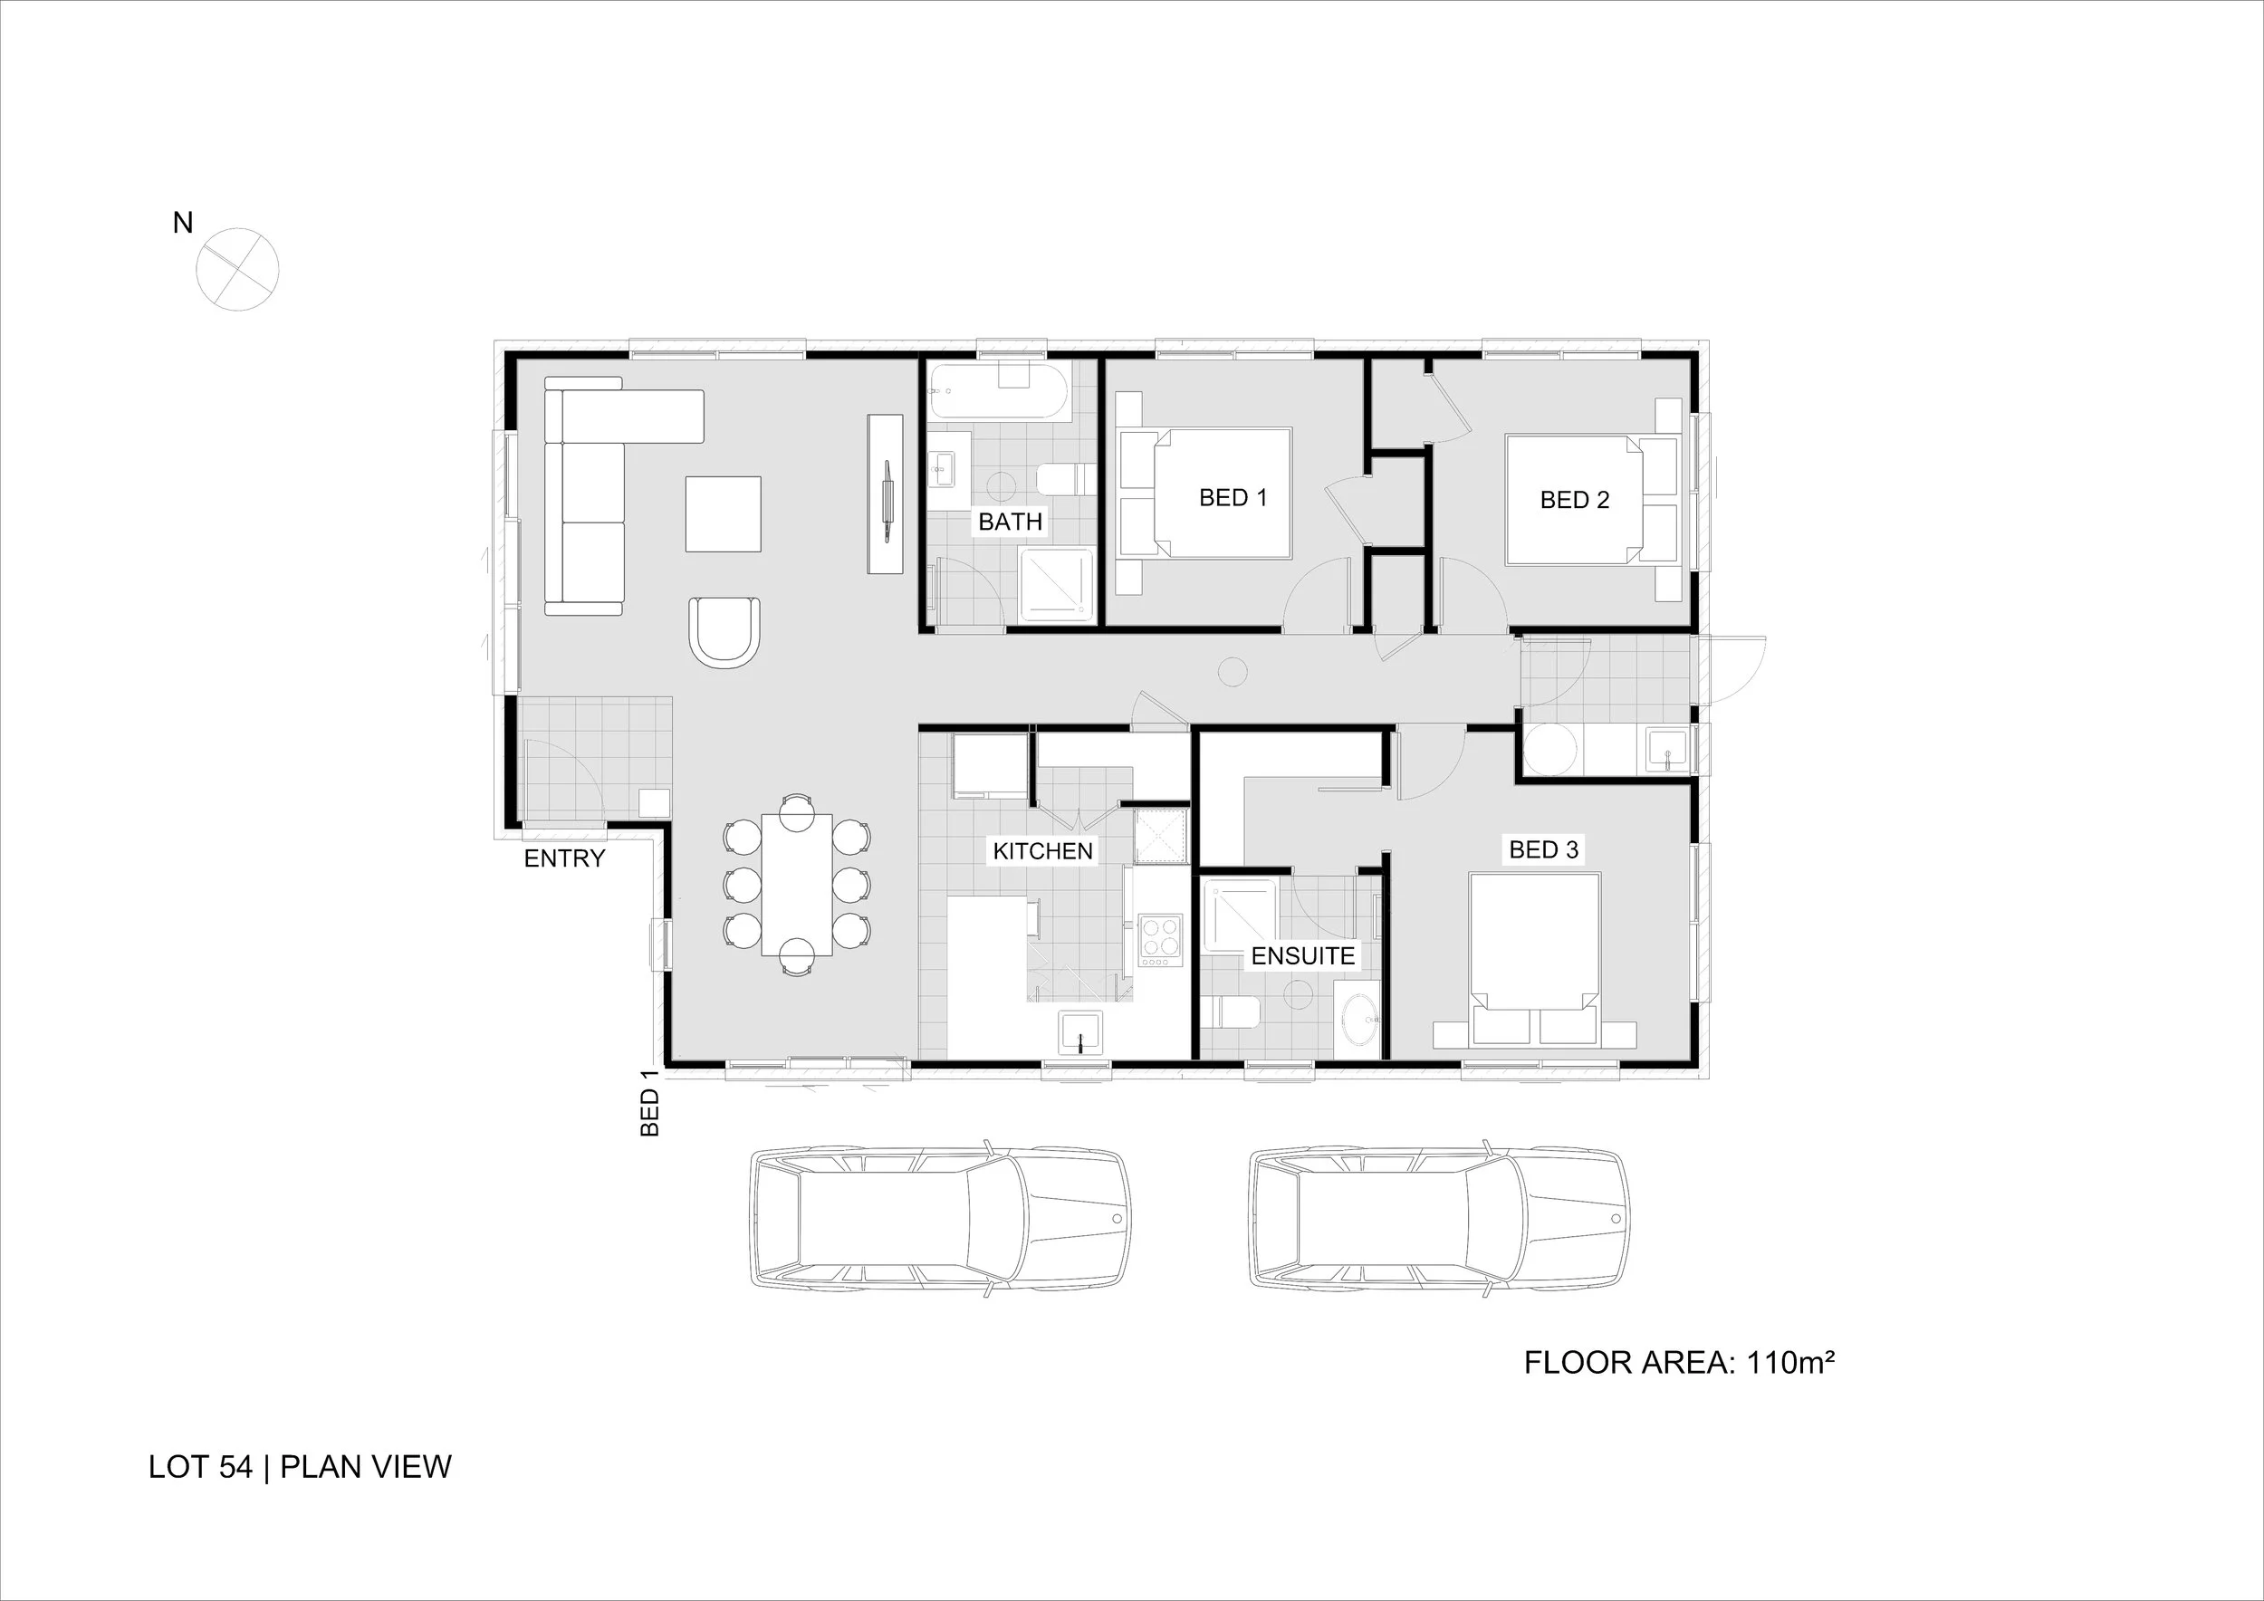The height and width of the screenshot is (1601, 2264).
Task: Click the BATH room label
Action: [x=1010, y=522]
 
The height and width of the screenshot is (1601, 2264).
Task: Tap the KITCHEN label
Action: [x=1042, y=851]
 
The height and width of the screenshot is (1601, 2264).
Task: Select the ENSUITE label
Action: [x=1302, y=955]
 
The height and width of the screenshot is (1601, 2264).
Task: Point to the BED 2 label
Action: [x=1574, y=500]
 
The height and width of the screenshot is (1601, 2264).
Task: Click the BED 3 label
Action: [x=1543, y=848]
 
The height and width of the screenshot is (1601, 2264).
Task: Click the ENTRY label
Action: [x=564, y=858]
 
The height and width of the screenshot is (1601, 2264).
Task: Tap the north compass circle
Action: [x=237, y=269]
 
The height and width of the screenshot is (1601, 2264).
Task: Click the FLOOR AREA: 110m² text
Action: [x=1678, y=1363]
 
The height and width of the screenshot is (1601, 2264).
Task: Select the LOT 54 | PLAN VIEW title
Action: [x=300, y=1467]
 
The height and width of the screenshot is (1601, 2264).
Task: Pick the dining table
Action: [x=797, y=885]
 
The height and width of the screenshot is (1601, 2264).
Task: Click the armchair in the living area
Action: [x=724, y=631]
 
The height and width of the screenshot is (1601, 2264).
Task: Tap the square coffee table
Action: [x=723, y=513]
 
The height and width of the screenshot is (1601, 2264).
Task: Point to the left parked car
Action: [x=940, y=1219]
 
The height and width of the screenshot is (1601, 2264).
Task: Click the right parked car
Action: [x=1439, y=1219]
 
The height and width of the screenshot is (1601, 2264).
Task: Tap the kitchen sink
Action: [x=1081, y=1033]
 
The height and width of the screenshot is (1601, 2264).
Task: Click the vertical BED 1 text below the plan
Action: [x=650, y=1111]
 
